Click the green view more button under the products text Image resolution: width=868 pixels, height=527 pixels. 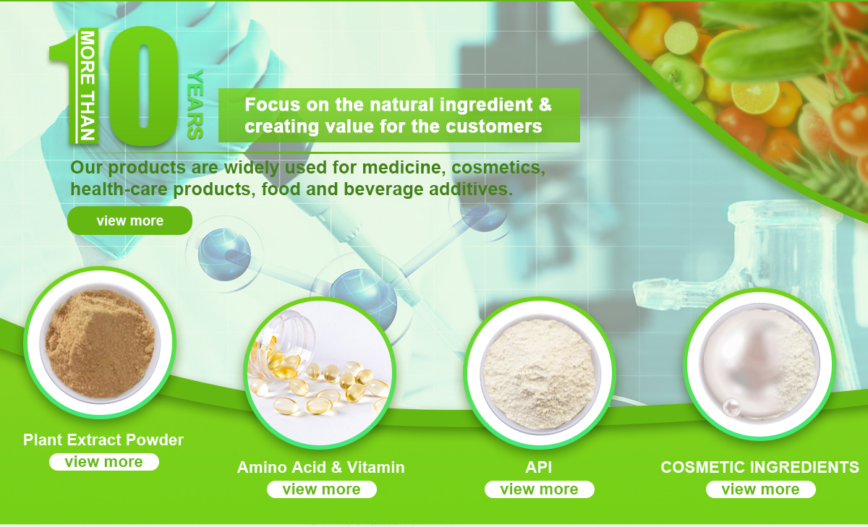129,220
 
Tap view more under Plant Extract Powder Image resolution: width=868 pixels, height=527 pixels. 104,462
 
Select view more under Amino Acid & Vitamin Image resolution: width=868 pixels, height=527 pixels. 322,489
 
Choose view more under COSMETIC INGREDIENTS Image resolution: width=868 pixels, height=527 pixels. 761,489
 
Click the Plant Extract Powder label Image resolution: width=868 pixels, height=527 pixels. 103,440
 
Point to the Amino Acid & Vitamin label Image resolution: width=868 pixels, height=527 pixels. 321,468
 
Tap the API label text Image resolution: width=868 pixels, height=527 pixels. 539,468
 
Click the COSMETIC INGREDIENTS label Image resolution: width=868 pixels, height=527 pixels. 760,468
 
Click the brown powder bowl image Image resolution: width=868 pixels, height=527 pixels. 100,343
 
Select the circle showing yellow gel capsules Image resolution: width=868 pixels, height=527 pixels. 320,373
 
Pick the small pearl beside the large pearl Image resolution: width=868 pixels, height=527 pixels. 731,408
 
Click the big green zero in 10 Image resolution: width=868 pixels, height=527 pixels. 143,86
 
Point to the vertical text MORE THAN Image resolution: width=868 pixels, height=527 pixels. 87,86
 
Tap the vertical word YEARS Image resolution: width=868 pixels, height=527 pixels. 195,105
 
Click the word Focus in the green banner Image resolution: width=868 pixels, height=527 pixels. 273,105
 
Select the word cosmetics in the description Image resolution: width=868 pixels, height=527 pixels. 498,168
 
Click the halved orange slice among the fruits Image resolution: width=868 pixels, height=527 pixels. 755,97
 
